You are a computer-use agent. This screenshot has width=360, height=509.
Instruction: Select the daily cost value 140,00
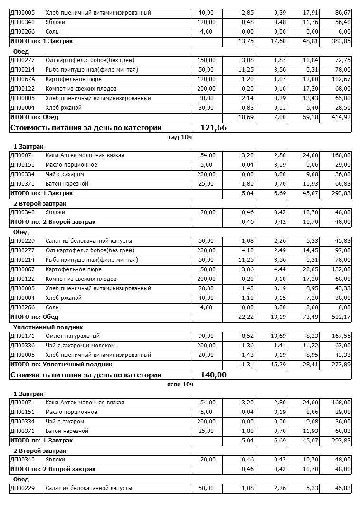(x=214, y=375)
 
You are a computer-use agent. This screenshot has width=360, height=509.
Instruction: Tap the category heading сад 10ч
(x=180, y=137)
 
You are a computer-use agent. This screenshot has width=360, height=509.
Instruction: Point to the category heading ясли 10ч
(x=180, y=384)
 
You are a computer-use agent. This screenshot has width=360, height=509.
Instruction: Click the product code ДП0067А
(x=23, y=79)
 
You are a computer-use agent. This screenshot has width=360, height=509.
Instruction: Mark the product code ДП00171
(x=22, y=336)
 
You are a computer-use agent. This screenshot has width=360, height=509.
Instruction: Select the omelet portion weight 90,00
(x=206, y=336)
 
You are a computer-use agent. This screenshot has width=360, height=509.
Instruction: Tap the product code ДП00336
(x=22, y=346)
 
